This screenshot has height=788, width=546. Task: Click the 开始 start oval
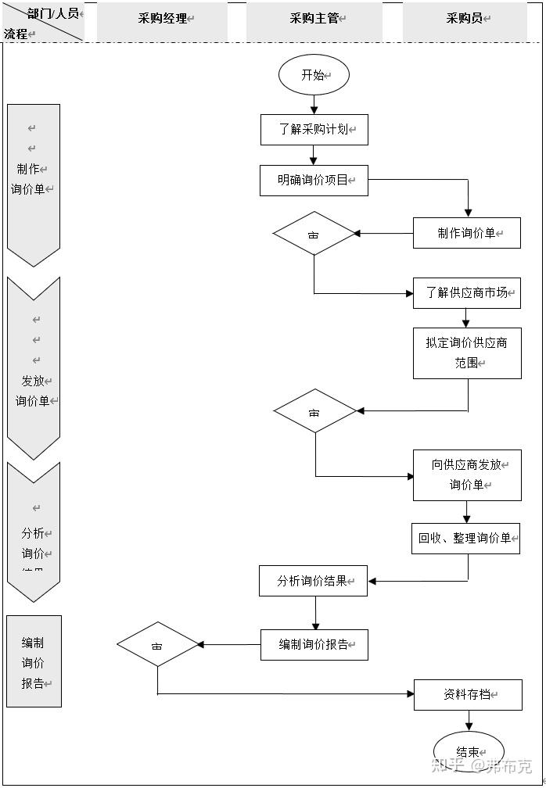tap(314, 75)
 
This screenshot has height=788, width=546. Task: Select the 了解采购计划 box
tap(314, 130)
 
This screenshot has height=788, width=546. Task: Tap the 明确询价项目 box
tap(314, 180)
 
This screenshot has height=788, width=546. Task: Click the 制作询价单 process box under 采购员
tap(466, 233)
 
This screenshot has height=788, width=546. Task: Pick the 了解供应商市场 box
tap(466, 293)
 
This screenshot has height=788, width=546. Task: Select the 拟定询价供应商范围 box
tap(467, 353)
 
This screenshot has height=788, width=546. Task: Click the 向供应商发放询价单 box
tap(467, 475)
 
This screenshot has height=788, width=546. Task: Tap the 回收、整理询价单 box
tap(465, 539)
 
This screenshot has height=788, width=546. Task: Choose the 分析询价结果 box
tap(313, 581)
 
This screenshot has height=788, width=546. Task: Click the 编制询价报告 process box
tap(314, 645)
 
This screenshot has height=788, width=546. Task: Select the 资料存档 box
tap(467, 694)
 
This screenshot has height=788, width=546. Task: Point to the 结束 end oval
tap(469, 751)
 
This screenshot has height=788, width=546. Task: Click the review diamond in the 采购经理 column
tap(158, 645)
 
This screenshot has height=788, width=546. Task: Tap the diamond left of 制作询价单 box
tap(314, 233)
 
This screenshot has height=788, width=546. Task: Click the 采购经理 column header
tap(163, 19)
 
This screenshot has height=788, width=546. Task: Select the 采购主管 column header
tap(314, 19)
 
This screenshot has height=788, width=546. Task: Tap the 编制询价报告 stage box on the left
tap(34, 662)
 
